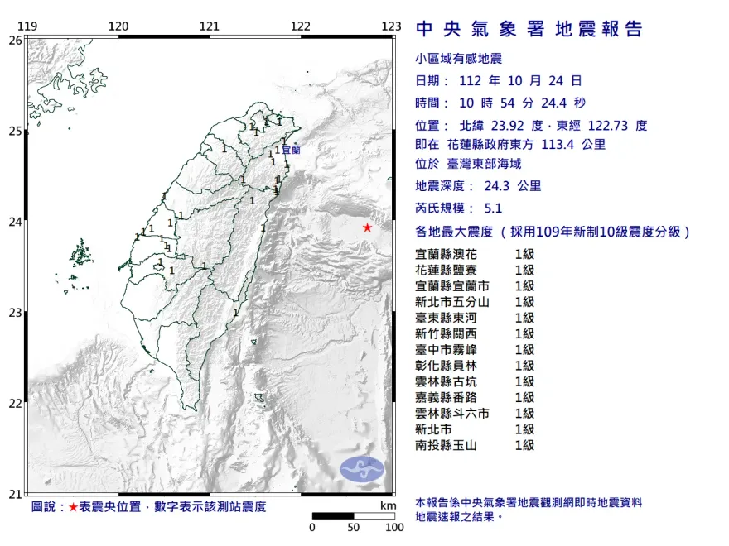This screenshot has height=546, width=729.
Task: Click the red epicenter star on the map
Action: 367,227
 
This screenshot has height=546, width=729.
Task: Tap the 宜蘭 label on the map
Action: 291,151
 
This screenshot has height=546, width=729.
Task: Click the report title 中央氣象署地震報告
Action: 529,30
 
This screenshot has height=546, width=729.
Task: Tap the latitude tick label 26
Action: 14,40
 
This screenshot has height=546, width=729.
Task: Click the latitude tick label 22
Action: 14,404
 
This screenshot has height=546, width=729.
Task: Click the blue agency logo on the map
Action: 363,468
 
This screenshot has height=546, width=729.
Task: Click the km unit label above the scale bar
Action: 388,505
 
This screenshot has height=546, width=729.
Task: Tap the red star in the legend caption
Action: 73,506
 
